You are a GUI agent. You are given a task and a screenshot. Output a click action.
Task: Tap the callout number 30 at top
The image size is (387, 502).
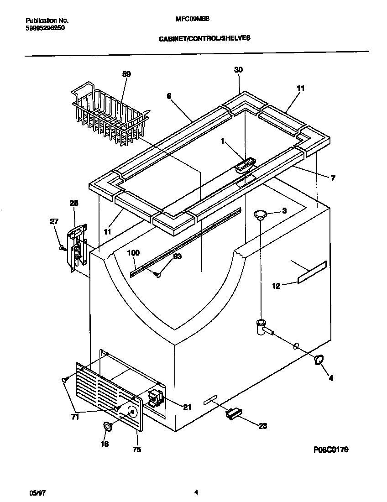tap(238, 70)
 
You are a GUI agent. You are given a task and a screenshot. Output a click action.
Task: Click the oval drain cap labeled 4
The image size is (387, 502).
tap(319, 360)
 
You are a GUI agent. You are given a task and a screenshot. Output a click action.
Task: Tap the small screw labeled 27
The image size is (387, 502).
tap(61, 247)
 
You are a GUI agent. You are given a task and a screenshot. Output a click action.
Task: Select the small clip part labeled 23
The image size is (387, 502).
tap(233, 413)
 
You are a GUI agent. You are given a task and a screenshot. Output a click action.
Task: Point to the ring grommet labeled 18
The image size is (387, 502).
tap(108, 426)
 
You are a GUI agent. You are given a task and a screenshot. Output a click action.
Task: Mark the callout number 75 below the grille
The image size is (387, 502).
tap(136, 450)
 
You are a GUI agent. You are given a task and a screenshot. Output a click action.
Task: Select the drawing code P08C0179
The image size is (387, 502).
tap(331, 450)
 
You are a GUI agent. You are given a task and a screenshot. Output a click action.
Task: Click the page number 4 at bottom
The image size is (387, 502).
tap(196, 492)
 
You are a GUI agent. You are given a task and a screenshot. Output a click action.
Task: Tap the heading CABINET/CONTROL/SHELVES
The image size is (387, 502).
tap(204, 39)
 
